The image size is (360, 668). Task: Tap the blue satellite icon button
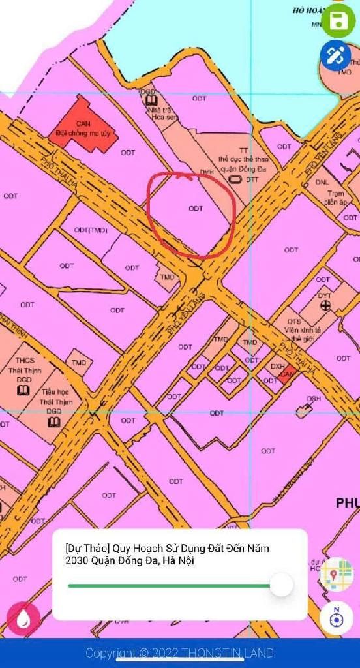pyautogui.click(x=336, y=55)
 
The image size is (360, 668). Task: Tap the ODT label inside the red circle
pyautogui.click(x=195, y=209)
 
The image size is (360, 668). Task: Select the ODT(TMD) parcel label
pyautogui.click(x=91, y=230)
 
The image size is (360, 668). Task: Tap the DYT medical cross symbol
pyautogui.click(x=324, y=305)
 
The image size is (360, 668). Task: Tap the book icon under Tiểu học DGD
pyautogui.click(x=54, y=422)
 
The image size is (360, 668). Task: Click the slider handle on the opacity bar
pyautogui.click(x=281, y=584)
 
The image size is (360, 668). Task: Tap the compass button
pyautogui.click(x=337, y=617)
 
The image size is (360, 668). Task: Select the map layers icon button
pyautogui.click(x=337, y=575)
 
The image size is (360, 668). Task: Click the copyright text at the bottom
pyautogui.click(x=180, y=653)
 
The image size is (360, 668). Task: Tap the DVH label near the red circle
pyautogui.click(x=207, y=172)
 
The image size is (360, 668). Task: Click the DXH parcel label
pyautogui.click(x=278, y=367)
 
